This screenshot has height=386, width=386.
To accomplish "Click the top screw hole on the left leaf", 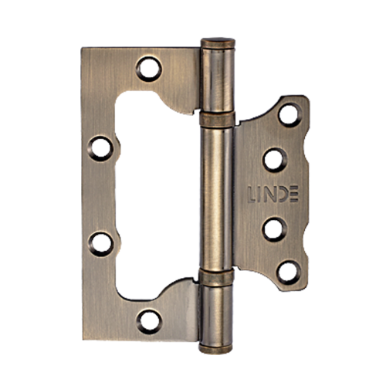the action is click(149, 69).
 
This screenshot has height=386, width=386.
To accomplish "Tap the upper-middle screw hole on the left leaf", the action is click(100, 148).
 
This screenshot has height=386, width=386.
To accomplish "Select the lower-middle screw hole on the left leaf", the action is click(101, 244).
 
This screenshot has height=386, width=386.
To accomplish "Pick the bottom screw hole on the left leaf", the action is click(149, 322).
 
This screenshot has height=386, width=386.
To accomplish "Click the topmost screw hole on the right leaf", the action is click(290, 114).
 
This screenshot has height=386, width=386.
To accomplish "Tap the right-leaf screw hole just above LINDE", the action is click(275, 160).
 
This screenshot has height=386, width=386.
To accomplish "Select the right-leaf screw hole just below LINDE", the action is click(275, 229).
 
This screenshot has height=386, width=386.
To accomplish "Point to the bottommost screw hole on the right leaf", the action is click(289, 273).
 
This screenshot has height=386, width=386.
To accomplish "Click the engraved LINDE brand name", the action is click(273, 194).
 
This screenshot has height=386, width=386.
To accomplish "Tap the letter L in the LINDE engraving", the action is click(252, 194).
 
